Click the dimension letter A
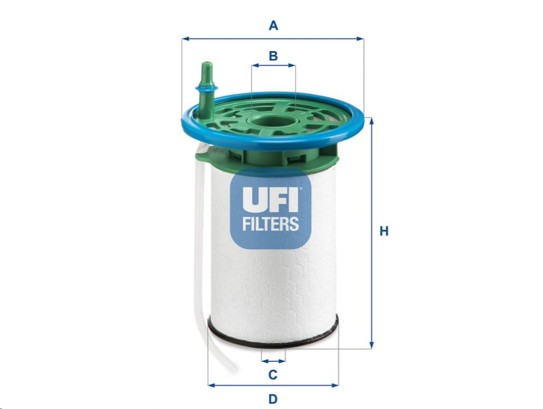tap(273, 26)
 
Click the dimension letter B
tap(273, 56)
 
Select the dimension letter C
tap(273, 374)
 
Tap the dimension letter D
tap(273, 399)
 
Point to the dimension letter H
tap(384, 231)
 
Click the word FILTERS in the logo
tap(271, 223)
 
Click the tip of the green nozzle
tap(207, 63)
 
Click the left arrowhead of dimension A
tap(185, 39)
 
